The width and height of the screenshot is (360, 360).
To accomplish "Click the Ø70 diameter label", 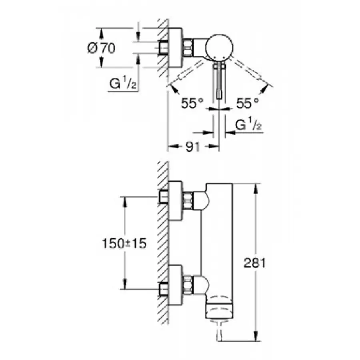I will (101, 48).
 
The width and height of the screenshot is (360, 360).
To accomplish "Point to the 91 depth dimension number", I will (193, 148).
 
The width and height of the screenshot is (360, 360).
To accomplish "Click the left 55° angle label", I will (189, 104).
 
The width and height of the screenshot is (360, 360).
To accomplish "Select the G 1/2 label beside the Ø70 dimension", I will (123, 84).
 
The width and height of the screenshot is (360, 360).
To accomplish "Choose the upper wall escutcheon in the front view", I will (175, 200).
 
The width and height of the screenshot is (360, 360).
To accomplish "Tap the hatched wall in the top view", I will (162, 48).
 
